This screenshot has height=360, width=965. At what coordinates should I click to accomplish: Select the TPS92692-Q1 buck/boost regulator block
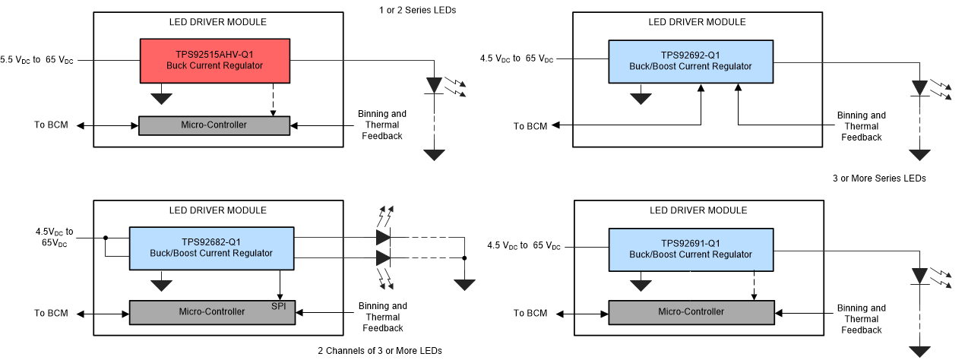pyautogui.click(x=690, y=60)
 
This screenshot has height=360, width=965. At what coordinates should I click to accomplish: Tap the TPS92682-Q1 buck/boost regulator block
pyautogui.click(x=211, y=247)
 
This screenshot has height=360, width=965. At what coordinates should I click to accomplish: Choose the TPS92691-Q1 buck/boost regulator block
pyautogui.click(x=690, y=248)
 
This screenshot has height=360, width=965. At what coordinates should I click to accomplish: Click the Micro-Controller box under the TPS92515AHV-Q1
pyautogui.click(x=214, y=125)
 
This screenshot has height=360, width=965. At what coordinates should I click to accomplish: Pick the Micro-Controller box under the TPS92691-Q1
pyautogui.click(x=691, y=312)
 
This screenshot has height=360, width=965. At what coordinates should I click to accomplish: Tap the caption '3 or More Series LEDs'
pyautogui.click(x=878, y=178)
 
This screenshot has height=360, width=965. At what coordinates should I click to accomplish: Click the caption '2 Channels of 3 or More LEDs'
pyautogui.click(x=379, y=350)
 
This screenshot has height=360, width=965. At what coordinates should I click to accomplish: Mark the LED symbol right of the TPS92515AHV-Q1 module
pyautogui.click(x=434, y=86)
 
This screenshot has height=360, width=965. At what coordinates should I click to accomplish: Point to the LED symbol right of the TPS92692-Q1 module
pyautogui.click(x=920, y=89)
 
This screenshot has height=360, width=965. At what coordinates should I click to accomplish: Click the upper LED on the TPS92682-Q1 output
pyautogui.click(x=383, y=237)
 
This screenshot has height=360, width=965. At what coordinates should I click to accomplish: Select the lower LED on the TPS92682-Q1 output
pyautogui.click(x=383, y=258)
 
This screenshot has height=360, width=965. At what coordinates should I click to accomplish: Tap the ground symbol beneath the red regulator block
pyautogui.click(x=162, y=98)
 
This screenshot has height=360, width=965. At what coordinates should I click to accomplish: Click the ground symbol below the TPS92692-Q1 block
pyautogui.click(x=642, y=98)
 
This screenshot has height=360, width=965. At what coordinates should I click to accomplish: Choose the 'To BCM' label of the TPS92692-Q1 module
pyautogui.click(x=530, y=126)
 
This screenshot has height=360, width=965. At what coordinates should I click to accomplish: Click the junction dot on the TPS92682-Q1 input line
pyautogui.click(x=105, y=237)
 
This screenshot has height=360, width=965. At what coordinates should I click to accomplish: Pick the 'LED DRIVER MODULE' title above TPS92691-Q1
pyautogui.click(x=698, y=210)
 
